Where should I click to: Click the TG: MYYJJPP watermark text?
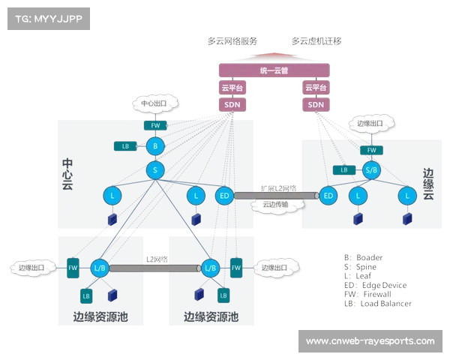pos(46,19)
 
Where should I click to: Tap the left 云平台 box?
pos(231,88)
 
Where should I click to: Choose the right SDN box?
pos(316,104)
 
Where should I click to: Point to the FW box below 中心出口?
pos(154,125)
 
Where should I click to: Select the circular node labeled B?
pos(155,145)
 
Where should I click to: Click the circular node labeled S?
pos(155,170)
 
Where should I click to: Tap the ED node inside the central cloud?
pos(223,196)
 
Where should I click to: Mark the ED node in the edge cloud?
pos(328,196)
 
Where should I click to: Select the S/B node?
pos(371,170)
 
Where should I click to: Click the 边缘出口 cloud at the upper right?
pos(369,123)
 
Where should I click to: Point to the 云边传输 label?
pos(274,204)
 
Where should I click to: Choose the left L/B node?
pos(100,267)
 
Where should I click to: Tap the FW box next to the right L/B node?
pos(235,267)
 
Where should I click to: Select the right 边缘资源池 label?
pos(211,317)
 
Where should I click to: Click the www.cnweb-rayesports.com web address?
pos(370,341)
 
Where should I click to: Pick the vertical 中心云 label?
pos(67,173)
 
